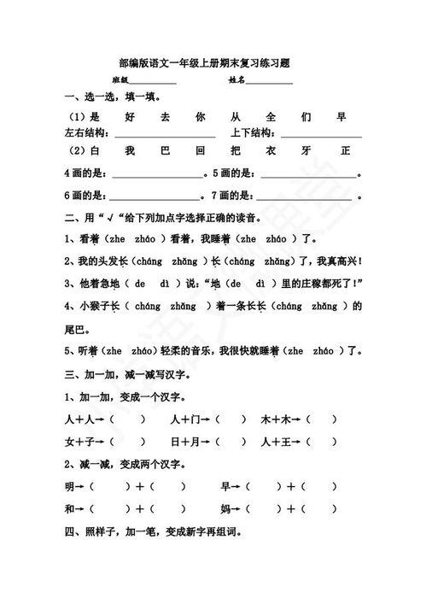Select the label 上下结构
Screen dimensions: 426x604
click(251, 133)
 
